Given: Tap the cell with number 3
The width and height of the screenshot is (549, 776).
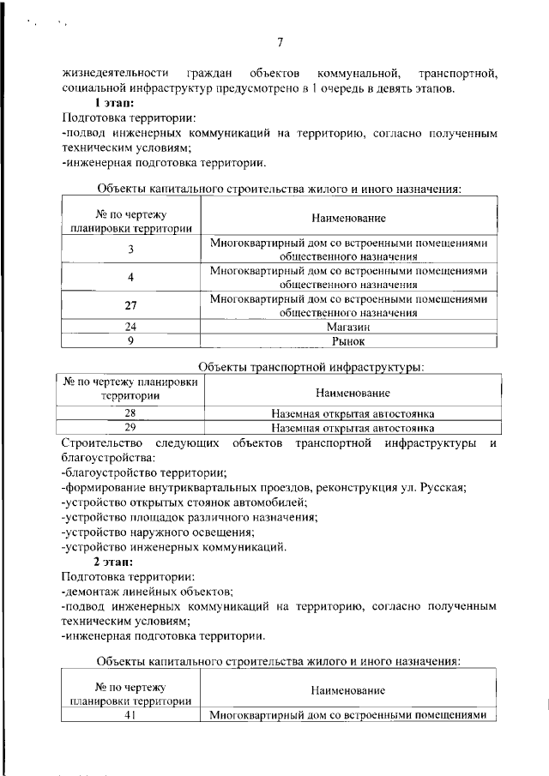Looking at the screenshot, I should (130, 249).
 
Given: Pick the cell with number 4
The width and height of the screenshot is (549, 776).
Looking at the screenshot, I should (130, 277).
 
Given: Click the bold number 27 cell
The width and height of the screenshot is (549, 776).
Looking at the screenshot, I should (130, 305).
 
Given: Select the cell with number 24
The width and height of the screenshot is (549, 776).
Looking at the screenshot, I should (130, 327).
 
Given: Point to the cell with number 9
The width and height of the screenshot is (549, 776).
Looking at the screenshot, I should (130, 340).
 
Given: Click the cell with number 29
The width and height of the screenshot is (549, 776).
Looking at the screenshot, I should (130, 427).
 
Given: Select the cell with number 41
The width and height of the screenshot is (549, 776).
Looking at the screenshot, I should (130, 715).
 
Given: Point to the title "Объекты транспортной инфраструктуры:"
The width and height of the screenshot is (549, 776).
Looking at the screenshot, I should (311, 367).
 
